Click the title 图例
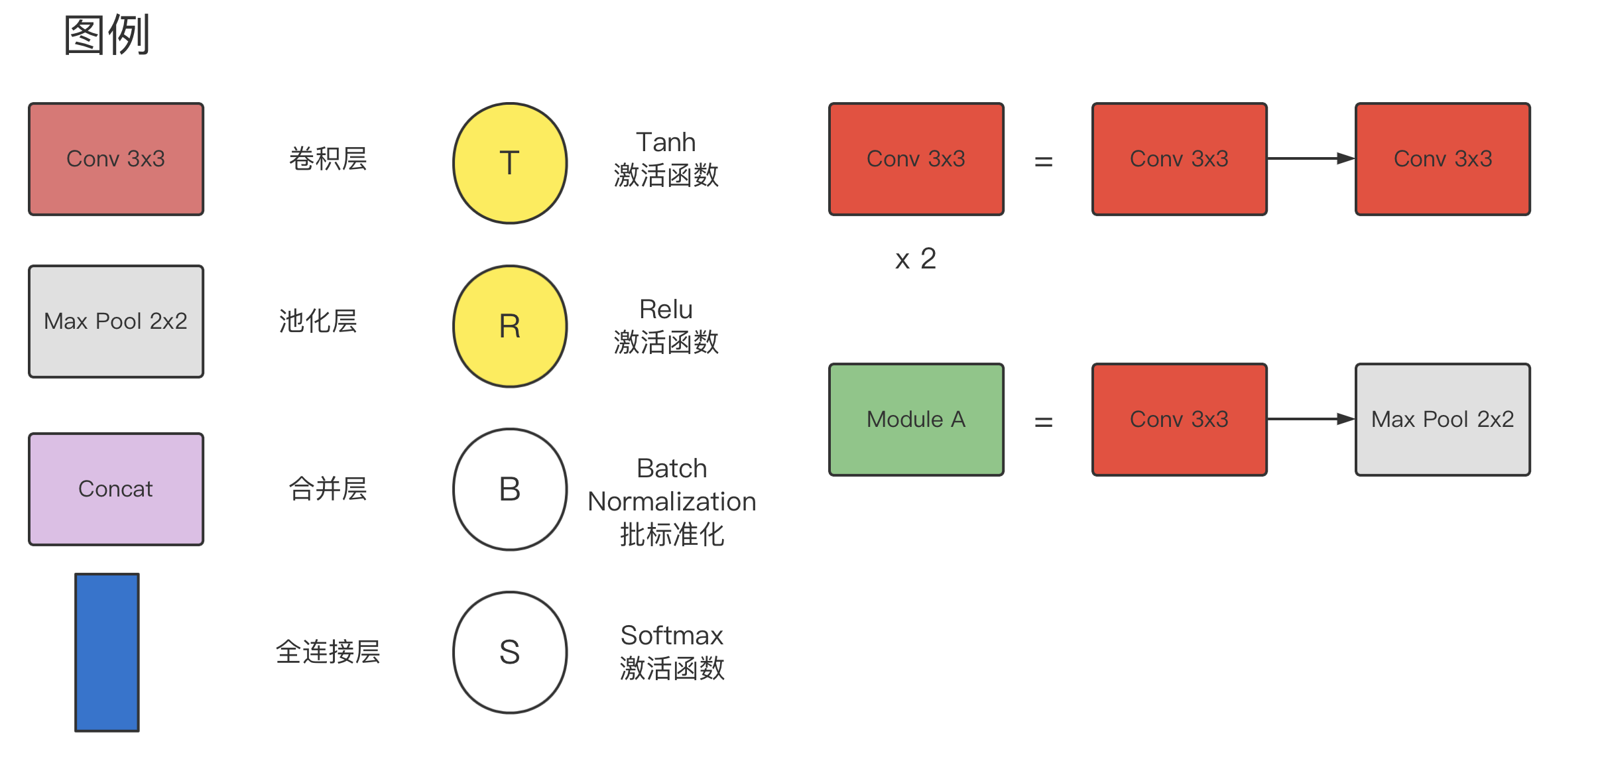click(x=107, y=35)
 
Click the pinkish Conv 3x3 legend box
click(x=116, y=159)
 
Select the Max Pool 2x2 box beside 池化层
click(x=116, y=322)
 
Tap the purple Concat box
click(x=116, y=489)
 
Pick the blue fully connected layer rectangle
click(x=107, y=652)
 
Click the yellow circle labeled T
click(x=509, y=163)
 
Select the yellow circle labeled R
click(x=509, y=326)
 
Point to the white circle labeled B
click(x=509, y=489)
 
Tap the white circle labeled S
click(x=509, y=652)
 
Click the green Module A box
click(x=916, y=420)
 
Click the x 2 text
click(x=915, y=259)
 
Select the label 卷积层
click(x=328, y=159)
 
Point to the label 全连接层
click(x=328, y=652)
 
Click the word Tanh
click(x=666, y=143)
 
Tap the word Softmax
click(x=672, y=636)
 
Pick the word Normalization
click(x=672, y=502)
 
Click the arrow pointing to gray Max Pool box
click(x=1310, y=419)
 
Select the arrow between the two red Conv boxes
click(x=1310, y=158)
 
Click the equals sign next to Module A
click(x=1044, y=422)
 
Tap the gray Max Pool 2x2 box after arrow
click(x=1442, y=420)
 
